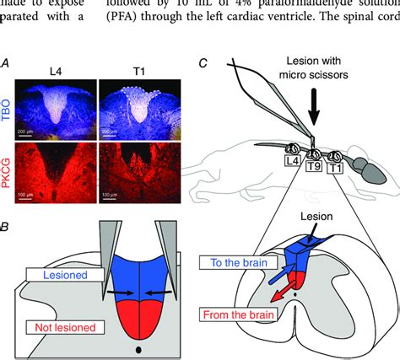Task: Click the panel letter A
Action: pos(7,62)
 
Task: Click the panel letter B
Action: pos(7,227)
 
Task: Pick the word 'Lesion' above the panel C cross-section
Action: pos(301,216)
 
